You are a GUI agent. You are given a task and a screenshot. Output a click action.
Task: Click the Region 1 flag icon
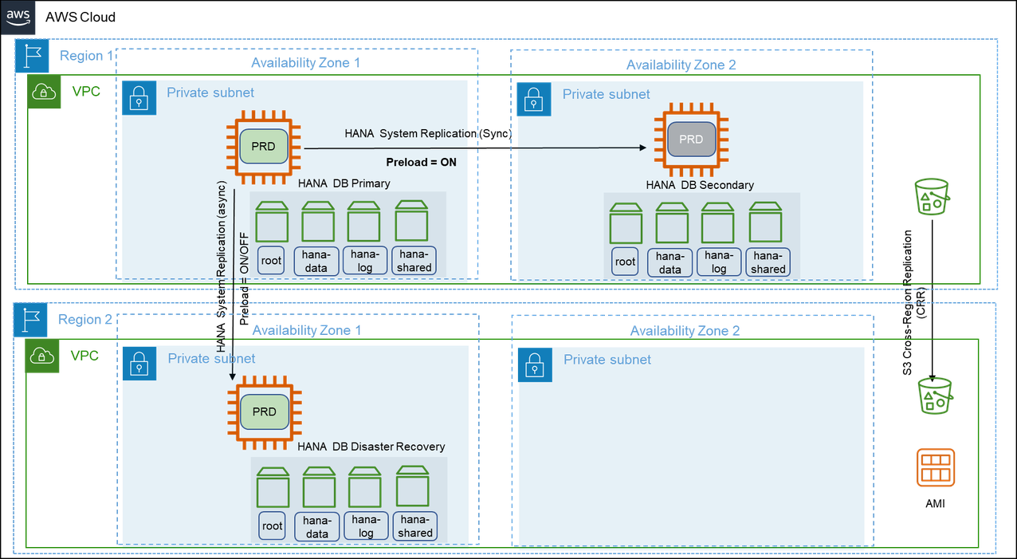click(x=32, y=56)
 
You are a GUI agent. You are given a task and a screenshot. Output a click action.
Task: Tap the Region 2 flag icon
click(x=31, y=321)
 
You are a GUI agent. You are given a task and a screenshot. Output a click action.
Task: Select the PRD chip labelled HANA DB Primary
click(x=263, y=147)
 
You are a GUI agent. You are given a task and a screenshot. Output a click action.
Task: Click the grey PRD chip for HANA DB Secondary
click(x=690, y=140)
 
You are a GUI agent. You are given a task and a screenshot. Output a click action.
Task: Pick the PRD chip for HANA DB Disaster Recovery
click(x=264, y=412)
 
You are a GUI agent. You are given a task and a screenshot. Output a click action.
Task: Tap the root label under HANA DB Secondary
click(x=626, y=262)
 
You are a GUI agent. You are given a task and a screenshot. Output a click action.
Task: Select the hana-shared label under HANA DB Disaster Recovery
click(x=415, y=526)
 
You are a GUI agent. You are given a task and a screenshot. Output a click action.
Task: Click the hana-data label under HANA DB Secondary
click(x=670, y=262)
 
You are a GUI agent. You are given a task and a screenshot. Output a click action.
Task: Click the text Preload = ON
click(x=421, y=162)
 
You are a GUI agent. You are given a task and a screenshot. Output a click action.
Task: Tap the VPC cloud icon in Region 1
click(x=45, y=93)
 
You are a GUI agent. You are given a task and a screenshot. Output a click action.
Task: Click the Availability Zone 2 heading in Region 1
click(x=681, y=65)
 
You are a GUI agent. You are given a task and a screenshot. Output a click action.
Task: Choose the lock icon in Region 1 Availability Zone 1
click(x=139, y=98)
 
